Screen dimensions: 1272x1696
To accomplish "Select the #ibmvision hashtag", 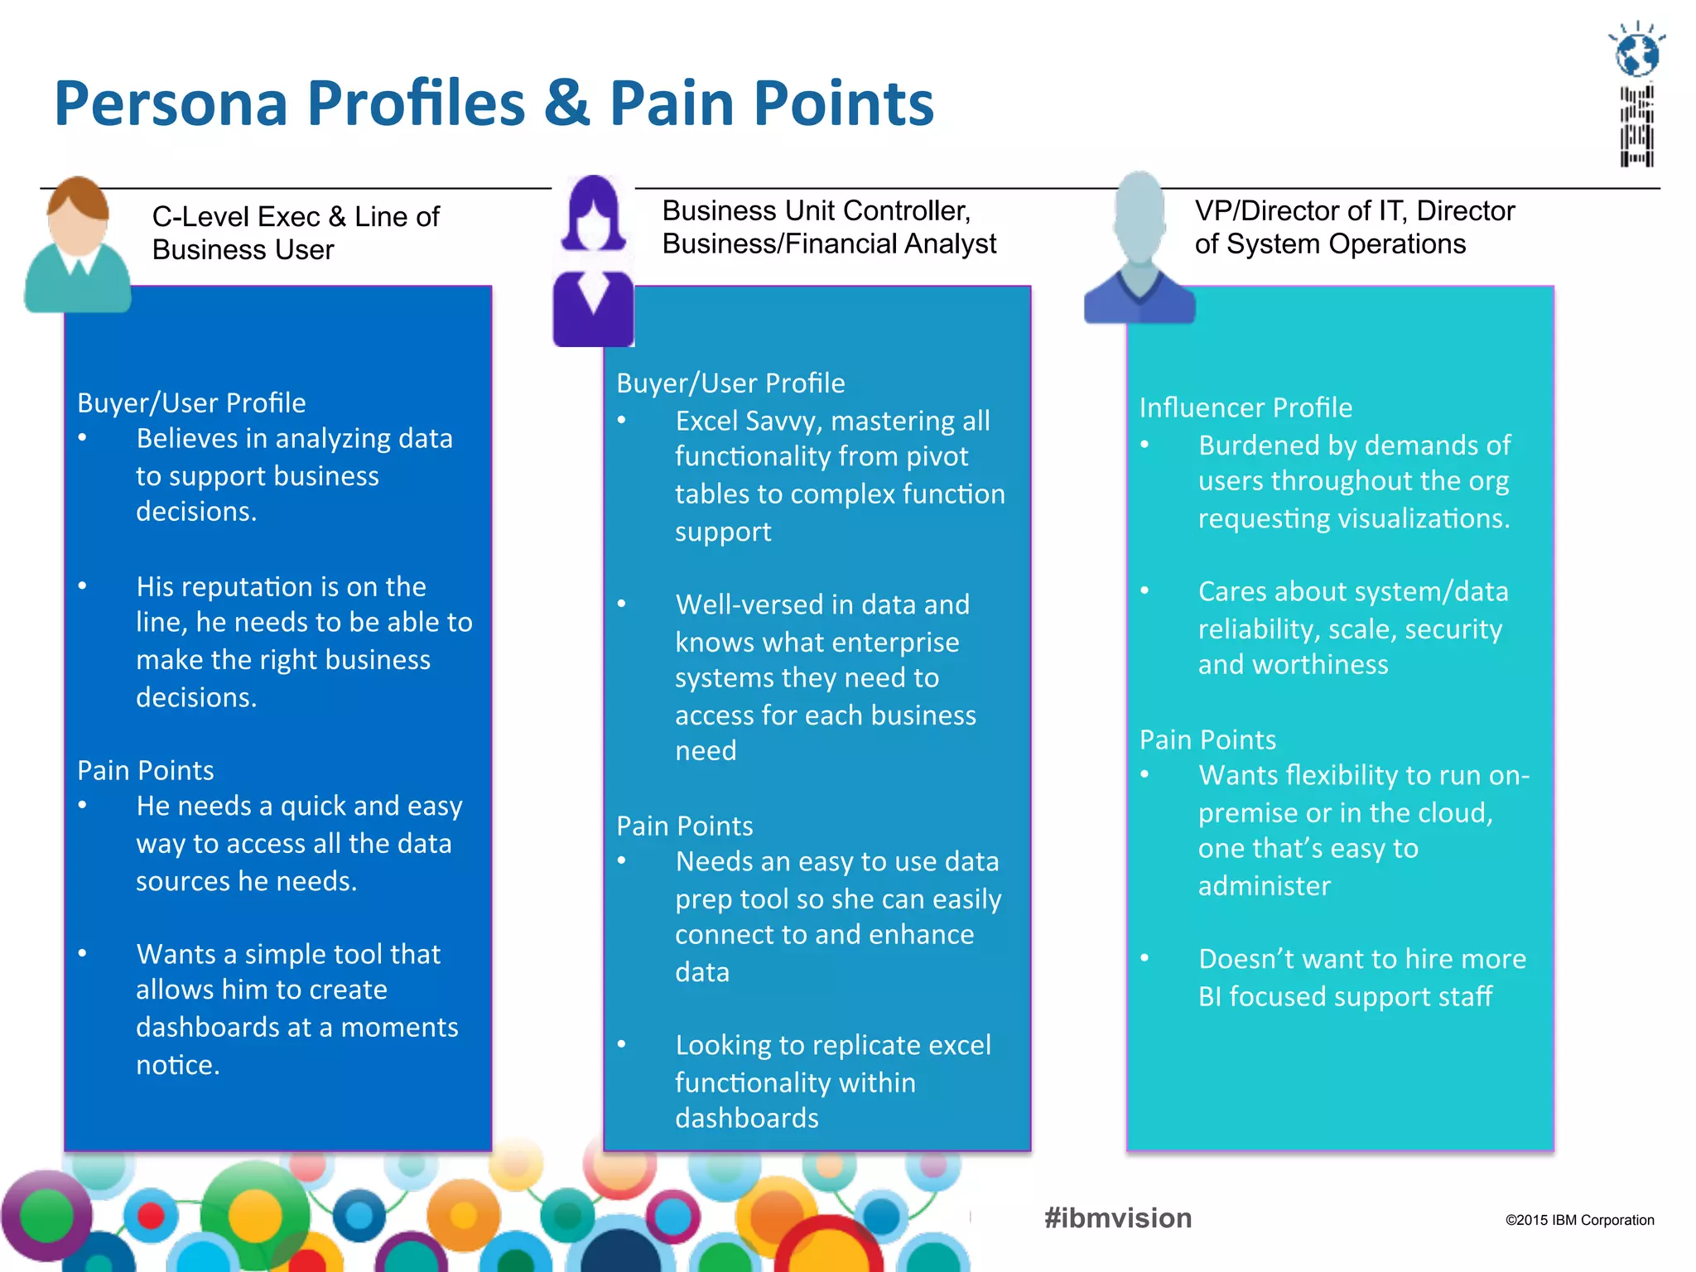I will (1118, 1218).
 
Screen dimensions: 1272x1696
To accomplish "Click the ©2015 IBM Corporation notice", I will (1579, 1220).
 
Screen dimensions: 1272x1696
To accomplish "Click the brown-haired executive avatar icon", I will (78, 244).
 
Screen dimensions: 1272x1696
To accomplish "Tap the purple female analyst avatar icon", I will (593, 261).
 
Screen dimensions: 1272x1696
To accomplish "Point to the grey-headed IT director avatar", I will (1139, 248).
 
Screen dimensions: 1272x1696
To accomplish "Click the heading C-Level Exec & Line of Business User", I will (296, 233).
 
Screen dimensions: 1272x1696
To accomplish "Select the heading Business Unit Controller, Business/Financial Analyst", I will (828, 227).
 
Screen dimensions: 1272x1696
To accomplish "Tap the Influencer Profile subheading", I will (1245, 407).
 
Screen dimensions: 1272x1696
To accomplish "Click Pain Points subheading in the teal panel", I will (1207, 740).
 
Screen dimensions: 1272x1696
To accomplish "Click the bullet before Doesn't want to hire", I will (1144, 958).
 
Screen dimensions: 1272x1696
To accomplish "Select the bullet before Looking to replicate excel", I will (622, 1044).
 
